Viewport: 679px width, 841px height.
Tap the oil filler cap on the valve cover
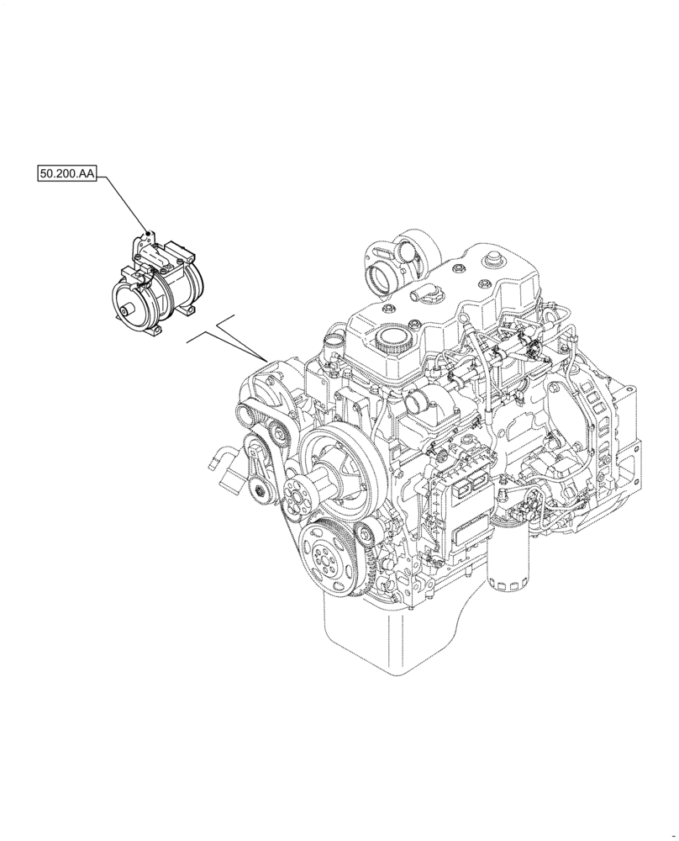(390, 341)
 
